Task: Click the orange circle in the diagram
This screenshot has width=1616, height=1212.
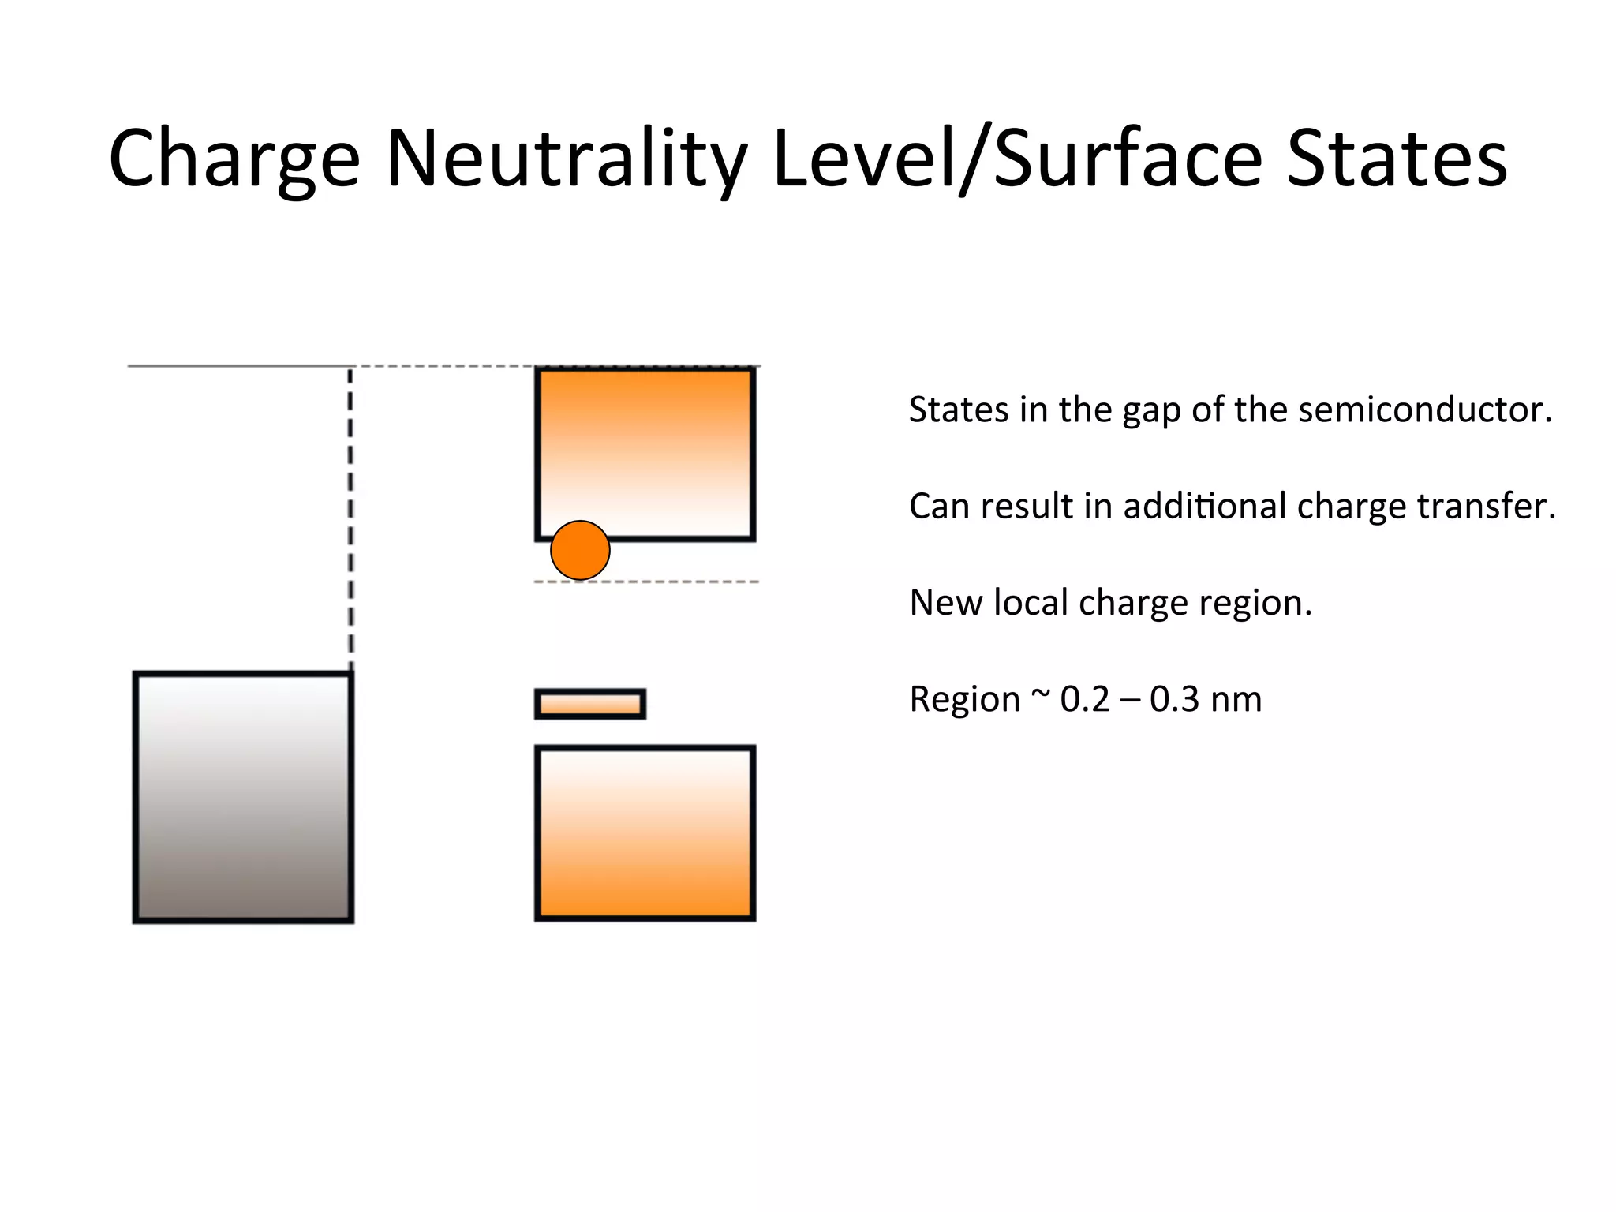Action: pos(580,550)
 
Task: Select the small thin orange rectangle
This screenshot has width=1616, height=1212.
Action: pos(590,704)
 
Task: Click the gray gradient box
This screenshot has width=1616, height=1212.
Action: pos(243,797)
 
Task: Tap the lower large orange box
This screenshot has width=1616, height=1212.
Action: pos(645,833)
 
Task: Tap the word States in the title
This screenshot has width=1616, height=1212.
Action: pos(1397,160)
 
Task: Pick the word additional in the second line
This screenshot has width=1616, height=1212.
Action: pos(1205,506)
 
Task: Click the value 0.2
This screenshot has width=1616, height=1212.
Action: pos(1086,699)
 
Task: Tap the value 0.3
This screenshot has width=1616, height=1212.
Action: pos(1174,699)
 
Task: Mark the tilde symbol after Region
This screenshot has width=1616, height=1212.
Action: pos(1041,695)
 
